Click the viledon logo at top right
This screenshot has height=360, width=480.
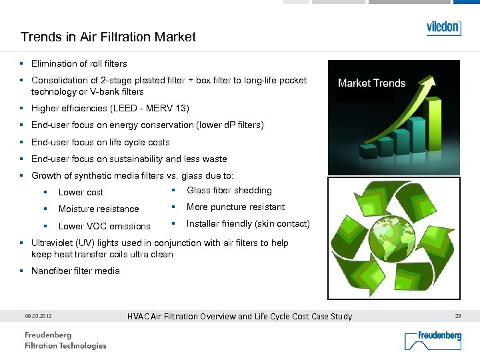point(443,28)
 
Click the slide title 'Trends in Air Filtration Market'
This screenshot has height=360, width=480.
point(108,37)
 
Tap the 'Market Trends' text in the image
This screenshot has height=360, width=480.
point(371,83)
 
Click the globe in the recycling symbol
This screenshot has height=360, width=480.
point(394,239)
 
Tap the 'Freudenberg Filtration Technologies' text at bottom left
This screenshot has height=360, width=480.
point(65,341)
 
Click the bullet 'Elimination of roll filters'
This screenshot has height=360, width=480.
point(79,64)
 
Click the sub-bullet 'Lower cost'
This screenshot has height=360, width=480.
point(81,193)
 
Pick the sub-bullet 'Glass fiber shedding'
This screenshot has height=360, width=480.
point(229,191)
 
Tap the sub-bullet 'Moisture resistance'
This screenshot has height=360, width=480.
point(99,209)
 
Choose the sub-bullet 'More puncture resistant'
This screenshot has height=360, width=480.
point(235,207)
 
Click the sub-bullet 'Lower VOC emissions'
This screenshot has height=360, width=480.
point(104,227)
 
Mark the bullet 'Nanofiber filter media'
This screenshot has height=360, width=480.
point(75,271)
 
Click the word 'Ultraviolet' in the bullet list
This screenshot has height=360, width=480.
point(53,243)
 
